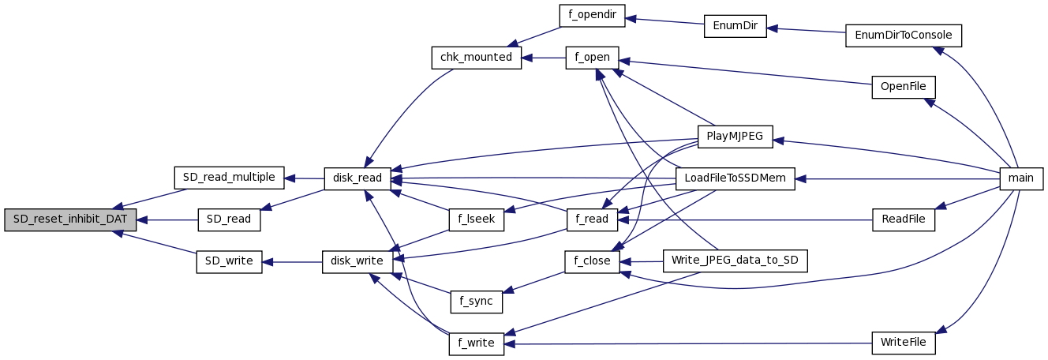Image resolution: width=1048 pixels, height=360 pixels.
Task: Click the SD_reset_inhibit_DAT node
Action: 69,219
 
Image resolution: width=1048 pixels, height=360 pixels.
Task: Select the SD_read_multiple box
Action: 229,178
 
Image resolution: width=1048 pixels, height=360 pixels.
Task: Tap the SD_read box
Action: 229,219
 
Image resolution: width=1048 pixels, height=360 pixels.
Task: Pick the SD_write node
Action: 229,261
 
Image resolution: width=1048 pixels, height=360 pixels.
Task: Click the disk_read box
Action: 357,178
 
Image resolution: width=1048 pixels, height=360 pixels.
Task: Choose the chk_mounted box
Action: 476,58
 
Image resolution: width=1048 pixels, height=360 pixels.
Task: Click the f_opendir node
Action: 592,16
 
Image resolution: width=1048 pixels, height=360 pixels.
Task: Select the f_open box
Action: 592,58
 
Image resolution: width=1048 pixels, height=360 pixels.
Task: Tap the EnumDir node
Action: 735,26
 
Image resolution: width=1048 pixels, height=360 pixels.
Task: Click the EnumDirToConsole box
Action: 904,36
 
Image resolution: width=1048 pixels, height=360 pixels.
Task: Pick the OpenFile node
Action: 904,87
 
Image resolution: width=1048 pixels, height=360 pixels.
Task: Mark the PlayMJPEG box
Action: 735,137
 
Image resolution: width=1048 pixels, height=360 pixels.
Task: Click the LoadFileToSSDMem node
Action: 735,178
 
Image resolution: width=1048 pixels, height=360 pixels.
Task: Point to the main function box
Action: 1021,178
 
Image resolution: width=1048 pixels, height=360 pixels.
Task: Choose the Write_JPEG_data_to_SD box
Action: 735,261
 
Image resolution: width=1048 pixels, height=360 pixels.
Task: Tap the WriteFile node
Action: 904,343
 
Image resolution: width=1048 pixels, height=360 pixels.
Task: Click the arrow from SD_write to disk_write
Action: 292,261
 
